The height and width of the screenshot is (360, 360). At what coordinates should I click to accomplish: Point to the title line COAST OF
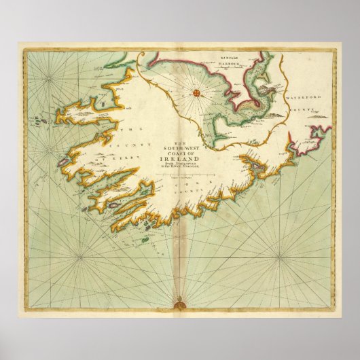(x=181, y=153)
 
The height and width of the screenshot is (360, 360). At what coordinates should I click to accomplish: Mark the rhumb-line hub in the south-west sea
(x=79, y=257)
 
